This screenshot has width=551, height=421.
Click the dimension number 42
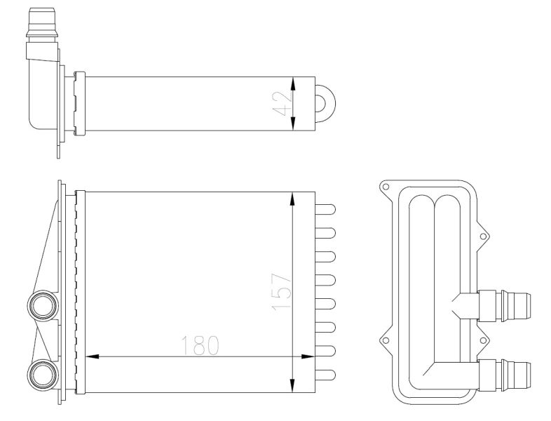point(283,104)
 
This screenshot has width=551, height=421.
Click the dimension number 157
point(282,292)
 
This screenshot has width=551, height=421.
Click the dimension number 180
point(200,345)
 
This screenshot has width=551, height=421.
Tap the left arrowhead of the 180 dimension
point(92,356)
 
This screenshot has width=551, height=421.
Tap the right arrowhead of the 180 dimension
point(308,356)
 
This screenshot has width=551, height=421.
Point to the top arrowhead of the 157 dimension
point(292,199)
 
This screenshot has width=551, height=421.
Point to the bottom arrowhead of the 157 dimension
point(292,386)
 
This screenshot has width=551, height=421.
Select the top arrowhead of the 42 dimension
point(293,84)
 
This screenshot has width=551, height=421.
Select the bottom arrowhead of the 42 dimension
point(293,123)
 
